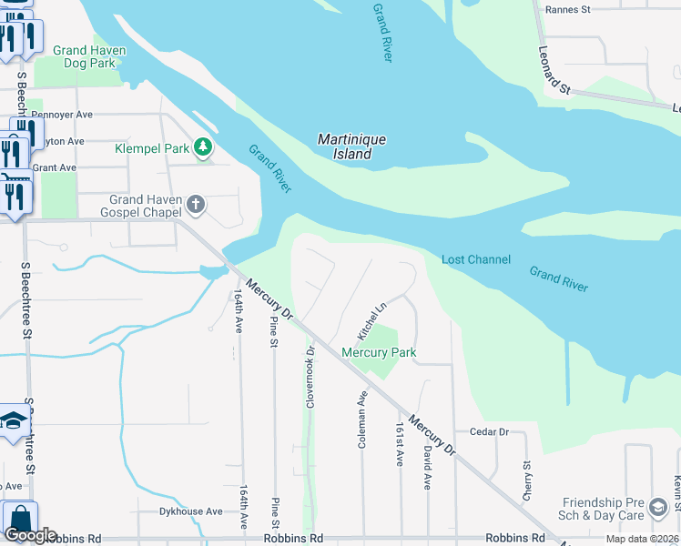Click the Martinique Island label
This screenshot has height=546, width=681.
pos(351,147)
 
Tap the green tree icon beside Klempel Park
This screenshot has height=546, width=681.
pos(205,147)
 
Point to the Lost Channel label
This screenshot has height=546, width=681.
pos(475,259)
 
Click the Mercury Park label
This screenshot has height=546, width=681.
pos(379,352)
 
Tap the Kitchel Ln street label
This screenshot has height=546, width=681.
pos(377,318)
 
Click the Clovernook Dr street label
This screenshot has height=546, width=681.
pos(310,375)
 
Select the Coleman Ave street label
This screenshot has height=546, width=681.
pos(362,420)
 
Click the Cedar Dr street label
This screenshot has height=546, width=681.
pos(489,432)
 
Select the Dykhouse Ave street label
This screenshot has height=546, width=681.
pos(190,511)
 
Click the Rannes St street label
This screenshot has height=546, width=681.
pos(567,10)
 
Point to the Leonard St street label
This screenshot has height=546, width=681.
pos(553,71)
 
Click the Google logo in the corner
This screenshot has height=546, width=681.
pos(30,535)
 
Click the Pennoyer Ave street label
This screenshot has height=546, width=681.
pos(62,115)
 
